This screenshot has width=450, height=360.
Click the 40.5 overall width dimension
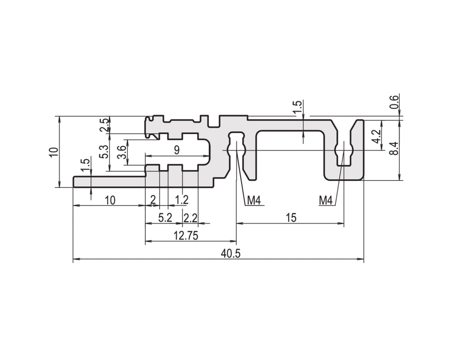point(230,253)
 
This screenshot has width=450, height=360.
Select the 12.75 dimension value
point(186,236)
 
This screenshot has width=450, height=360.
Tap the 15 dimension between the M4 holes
point(291,218)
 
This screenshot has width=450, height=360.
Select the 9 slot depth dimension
point(176,150)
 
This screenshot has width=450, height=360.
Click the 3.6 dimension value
point(121,152)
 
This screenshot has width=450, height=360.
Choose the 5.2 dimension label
point(165,218)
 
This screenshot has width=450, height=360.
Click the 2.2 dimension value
point(190,218)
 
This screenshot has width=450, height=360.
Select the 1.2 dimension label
point(182,199)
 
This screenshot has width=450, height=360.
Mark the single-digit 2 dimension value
point(153,199)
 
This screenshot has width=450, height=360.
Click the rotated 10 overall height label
point(54,152)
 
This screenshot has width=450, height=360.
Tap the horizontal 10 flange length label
point(110,200)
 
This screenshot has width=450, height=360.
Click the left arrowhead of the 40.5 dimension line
point(76,259)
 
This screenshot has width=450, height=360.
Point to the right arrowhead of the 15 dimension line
point(341,223)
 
